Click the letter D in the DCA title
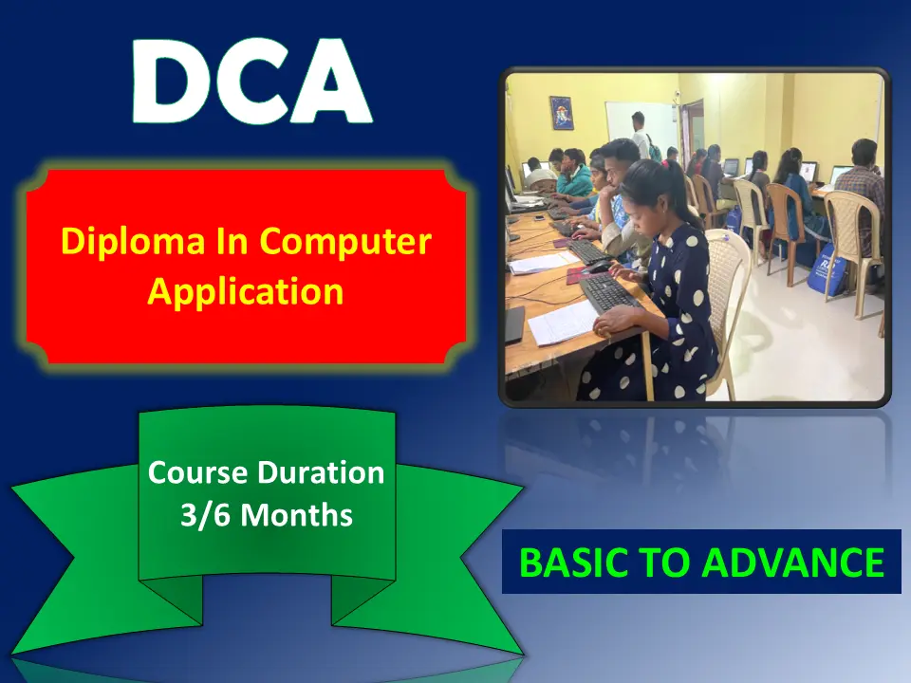pyautogui.click(x=170, y=82)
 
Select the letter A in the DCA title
pyautogui.click(x=330, y=82)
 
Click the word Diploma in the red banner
pyautogui.click(x=133, y=243)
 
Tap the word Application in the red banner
pyautogui.click(x=245, y=292)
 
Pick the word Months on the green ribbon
pyautogui.click(x=296, y=515)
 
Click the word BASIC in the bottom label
pyautogui.click(x=573, y=563)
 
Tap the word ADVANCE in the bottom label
pyautogui.click(x=796, y=563)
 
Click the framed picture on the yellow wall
pyautogui.click(x=561, y=113)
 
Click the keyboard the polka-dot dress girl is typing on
pyautogui.click(x=609, y=293)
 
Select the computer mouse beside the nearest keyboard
pyautogui.click(x=599, y=267)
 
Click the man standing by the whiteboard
pyautogui.click(x=640, y=135)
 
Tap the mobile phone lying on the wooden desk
pyautogui.click(x=540, y=218)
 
